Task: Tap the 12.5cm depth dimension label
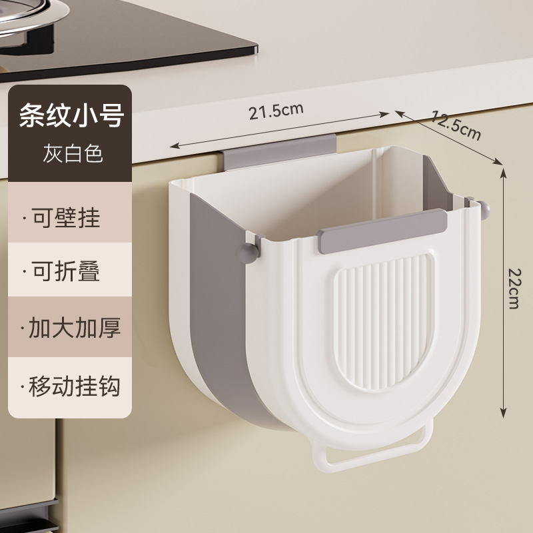(x=456, y=125)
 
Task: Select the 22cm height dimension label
(x=513, y=288)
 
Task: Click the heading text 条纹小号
(x=71, y=118)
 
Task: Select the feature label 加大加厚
(x=71, y=328)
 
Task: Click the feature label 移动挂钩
(x=71, y=385)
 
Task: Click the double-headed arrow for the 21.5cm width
(x=280, y=129)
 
